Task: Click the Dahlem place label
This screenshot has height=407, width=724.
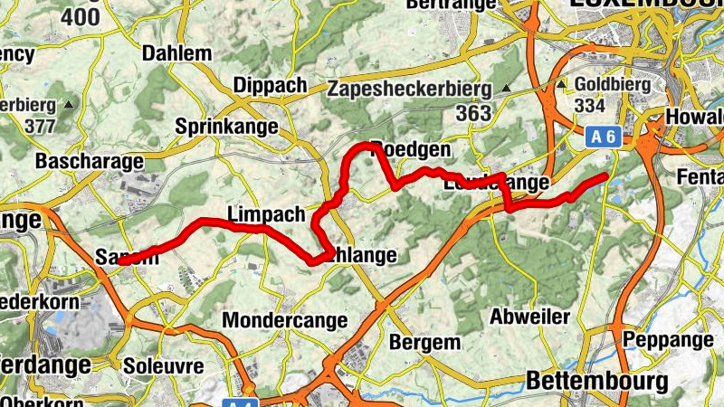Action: tap(177, 53)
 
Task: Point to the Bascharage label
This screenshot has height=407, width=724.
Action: tap(90, 162)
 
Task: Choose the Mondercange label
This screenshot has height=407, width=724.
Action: tap(284, 320)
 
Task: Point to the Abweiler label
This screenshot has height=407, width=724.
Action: tap(529, 317)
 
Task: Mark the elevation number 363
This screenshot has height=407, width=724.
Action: tap(473, 113)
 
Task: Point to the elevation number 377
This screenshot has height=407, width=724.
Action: tap(40, 126)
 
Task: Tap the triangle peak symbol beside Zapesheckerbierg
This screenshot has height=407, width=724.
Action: tap(506, 89)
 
